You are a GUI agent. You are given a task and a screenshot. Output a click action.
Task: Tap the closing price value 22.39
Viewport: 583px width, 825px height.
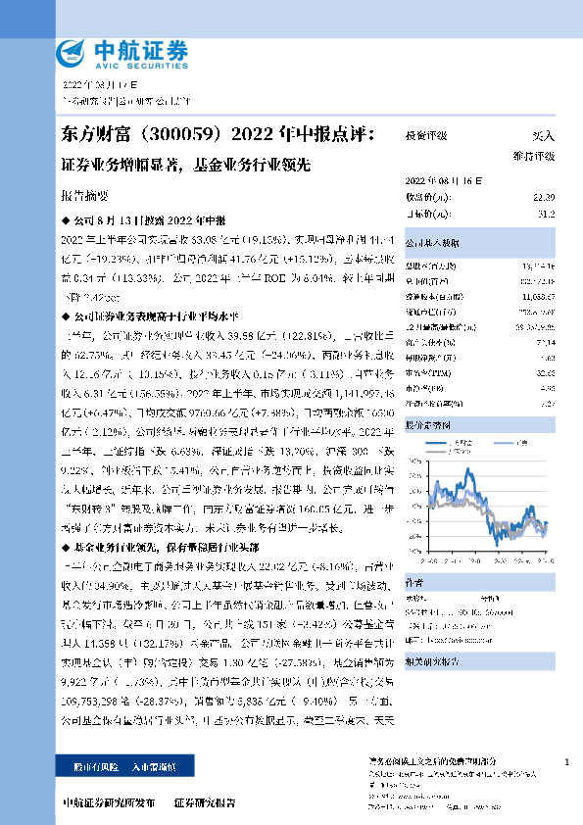tap(544, 197)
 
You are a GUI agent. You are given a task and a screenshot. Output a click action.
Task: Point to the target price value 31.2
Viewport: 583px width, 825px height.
tap(546, 212)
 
